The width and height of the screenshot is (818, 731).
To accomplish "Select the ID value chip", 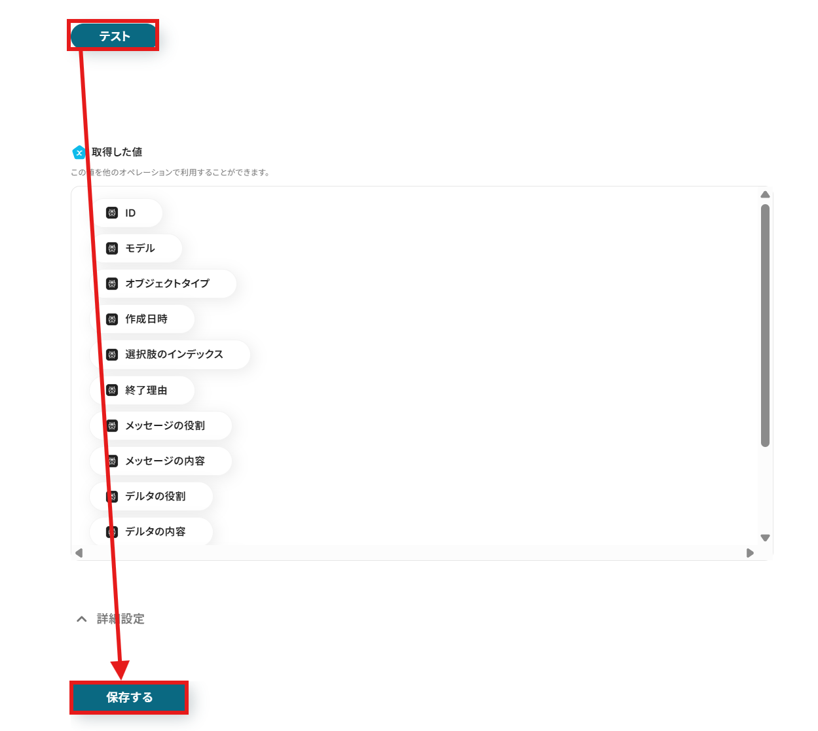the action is point(126,213).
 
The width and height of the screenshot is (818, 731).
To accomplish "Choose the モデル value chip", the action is point(136,248).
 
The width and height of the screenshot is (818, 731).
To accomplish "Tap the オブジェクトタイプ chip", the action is point(162,283).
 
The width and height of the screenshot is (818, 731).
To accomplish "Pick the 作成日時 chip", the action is point(142,319).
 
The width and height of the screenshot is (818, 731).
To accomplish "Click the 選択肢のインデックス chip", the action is point(170,354).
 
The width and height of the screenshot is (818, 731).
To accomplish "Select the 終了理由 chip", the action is point(142,390).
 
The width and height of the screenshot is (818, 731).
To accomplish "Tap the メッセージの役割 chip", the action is point(160,425).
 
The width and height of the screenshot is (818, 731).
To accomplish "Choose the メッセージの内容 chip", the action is point(160,461).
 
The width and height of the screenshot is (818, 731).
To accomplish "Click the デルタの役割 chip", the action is point(151,496).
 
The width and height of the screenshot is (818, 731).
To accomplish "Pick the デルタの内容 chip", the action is point(151,531).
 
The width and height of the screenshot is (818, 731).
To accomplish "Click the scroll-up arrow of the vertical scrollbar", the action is point(765,194).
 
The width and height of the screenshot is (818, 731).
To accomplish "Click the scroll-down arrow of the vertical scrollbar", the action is point(765,537).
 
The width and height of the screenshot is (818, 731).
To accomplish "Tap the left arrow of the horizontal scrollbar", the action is point(79,553).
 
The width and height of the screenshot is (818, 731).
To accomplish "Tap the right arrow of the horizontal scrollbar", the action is point(750,553).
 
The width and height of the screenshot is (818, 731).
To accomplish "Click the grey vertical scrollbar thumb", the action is point(765,325).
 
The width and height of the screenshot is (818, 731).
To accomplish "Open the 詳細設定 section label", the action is point(121,618).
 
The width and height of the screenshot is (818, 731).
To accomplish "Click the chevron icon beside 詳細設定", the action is point(82,619).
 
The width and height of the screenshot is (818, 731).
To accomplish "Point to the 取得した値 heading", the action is point(117,152).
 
